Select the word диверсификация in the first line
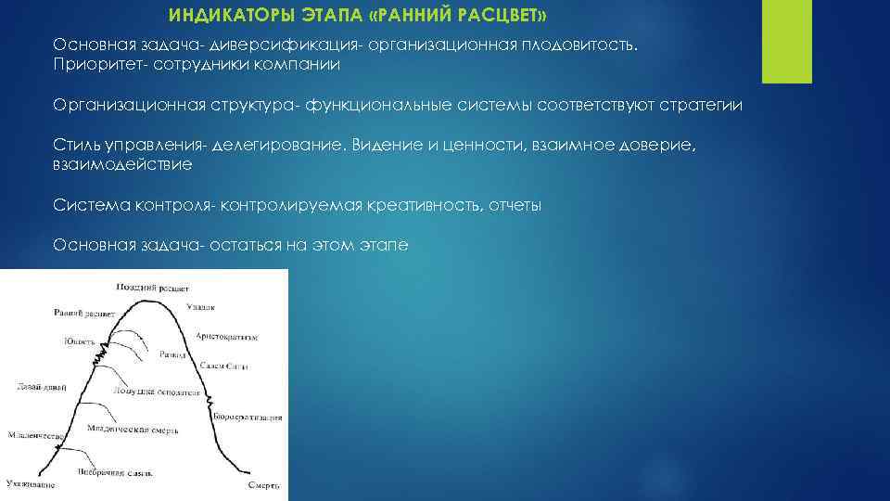click(x=270, y=45)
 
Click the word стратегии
click(x=702, y=105)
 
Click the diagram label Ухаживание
click(x=31, y=484)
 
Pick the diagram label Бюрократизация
click(x=247, y=418)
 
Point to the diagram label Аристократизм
click(x=227, y=336)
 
